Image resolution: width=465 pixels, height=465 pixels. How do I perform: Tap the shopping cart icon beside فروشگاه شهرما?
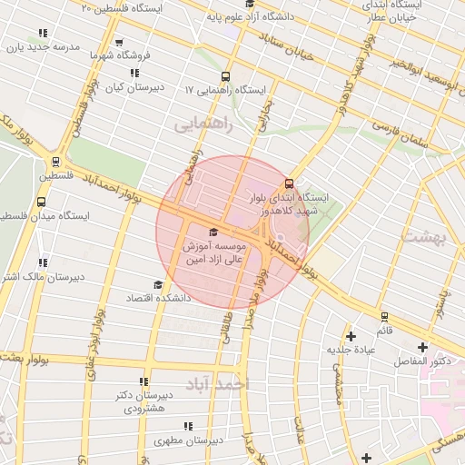tap(120, 42)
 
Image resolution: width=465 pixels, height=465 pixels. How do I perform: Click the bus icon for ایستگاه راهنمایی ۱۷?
tap(225, 77)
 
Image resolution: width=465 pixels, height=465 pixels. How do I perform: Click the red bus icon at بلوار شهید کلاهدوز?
tap(289, 182)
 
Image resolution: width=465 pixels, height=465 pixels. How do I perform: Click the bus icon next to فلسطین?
tap(56, 163)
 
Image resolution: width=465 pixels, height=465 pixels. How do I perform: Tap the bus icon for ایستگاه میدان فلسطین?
tap(41, 202)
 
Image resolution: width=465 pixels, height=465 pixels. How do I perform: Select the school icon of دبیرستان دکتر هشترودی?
tap(143, 381)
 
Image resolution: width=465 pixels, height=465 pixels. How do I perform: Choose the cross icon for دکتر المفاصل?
tap(421, 347)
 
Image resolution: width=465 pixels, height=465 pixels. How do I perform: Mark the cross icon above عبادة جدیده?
tap(351, 336)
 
